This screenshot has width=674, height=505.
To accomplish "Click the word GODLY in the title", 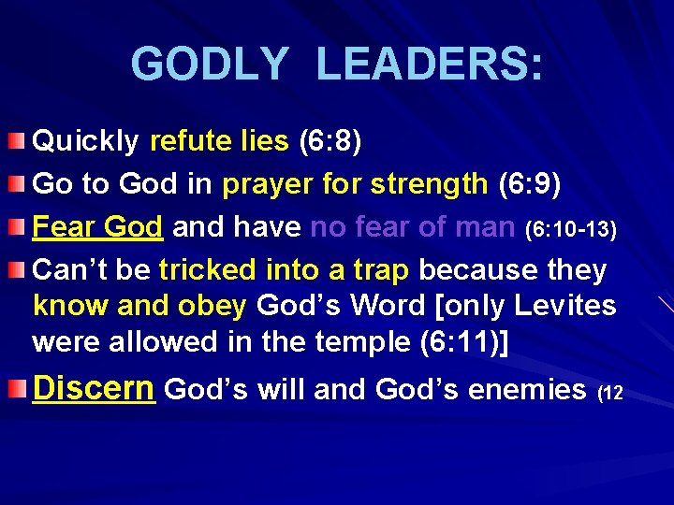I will [210, 65].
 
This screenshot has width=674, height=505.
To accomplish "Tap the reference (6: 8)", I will [330, 142].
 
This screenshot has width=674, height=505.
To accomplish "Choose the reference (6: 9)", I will [529, 184].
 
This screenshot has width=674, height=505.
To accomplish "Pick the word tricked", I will [207, 270].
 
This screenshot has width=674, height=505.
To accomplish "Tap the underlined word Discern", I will [93, 388].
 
